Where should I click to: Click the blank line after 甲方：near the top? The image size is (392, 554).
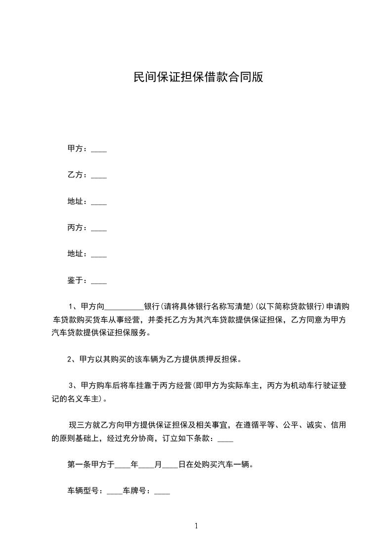coord(99,149)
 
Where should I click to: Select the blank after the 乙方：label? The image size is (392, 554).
coord(99,175)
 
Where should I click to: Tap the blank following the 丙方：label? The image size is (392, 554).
coord(99,228)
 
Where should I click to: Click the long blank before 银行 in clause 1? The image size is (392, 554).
coord(124,307)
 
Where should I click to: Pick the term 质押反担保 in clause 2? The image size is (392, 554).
coord(219,359)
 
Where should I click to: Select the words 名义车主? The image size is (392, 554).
coord(86,398)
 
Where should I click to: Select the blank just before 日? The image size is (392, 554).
coord(170,464)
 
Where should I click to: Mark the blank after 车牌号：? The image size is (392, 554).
coord(163,491)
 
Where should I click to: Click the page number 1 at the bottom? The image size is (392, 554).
coord(196,526)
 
